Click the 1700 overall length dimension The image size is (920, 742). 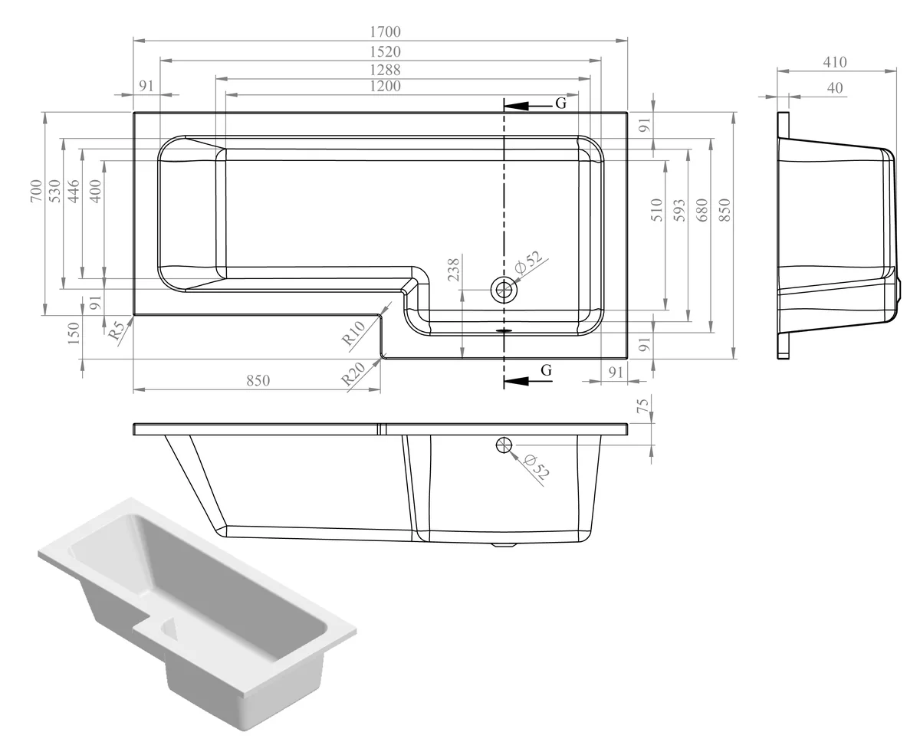(385, 31)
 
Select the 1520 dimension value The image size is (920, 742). (385, 51)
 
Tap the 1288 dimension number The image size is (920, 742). (385, 69)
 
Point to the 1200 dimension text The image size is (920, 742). (385, 86)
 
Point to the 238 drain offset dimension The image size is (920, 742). (454, 270)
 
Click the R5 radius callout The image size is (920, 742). (116, 330)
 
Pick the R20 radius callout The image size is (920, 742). (353, 373)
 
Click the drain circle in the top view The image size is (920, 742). (504, 289)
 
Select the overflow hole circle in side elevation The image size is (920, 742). (504, 445)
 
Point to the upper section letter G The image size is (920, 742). (560, 103)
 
